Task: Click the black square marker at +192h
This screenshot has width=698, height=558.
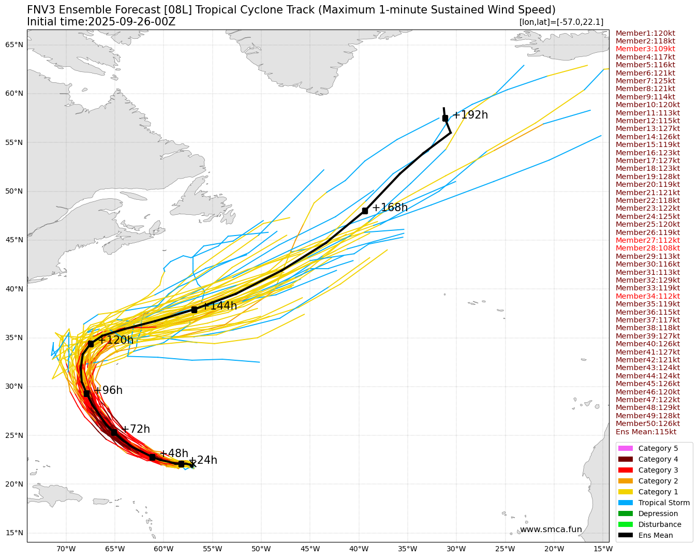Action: point(445,118)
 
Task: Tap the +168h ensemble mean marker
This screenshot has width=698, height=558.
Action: point(365,211)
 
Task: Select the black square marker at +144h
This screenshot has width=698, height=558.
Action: point(194,310)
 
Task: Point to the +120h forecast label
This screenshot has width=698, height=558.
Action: point(116,340)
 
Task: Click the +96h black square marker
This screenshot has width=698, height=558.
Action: point(86,393)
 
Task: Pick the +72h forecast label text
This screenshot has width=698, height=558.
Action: point(136,429)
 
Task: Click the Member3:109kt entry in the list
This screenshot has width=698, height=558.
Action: point(645,49)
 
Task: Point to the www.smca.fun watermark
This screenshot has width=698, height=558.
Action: point(551,530)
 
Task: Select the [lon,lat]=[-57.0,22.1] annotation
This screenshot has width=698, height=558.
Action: point(561,22)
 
